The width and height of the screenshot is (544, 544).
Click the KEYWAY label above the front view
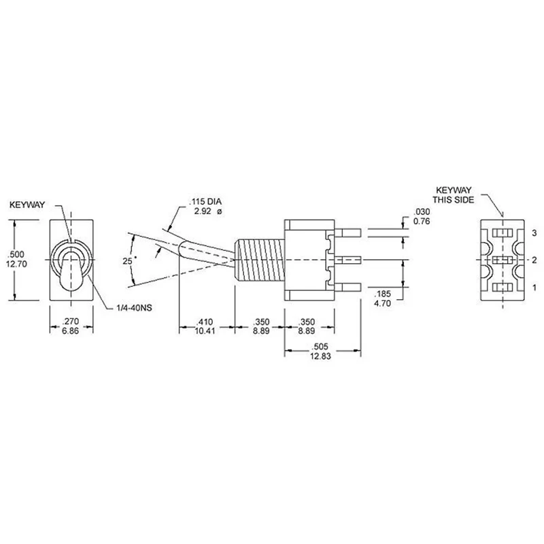coord(27,205)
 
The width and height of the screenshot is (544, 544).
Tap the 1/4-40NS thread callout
coord(134,308)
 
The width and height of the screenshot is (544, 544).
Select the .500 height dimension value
coord(16,254)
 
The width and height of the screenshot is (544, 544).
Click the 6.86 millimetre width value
coord(71,331)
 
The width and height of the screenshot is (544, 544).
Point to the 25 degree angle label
coord(128,260)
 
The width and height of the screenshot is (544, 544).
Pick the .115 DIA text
coord(205,201)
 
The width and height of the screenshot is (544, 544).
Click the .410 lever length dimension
coord(205,322)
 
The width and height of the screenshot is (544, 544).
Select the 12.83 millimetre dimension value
coord(320,356)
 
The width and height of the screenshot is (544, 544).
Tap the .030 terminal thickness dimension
coord(422,211)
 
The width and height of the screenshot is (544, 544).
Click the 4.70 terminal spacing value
coord(382,303)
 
